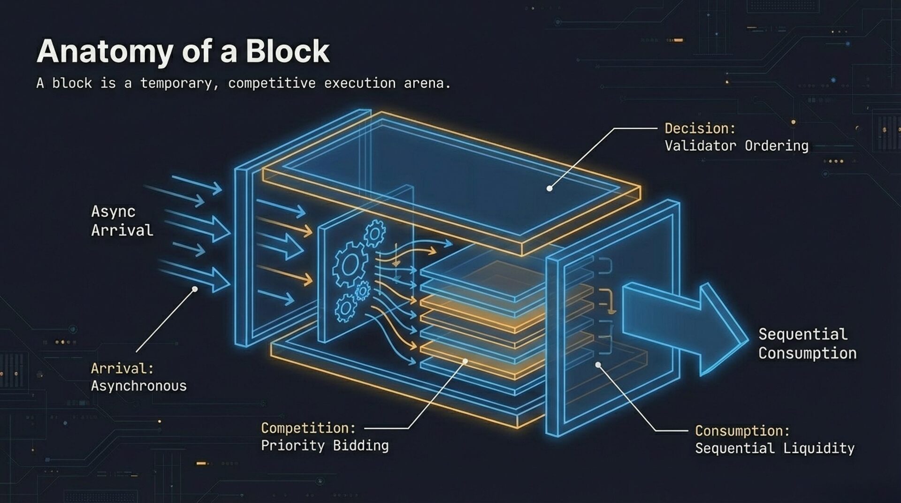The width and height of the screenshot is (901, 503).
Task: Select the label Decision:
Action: tap(700, 128)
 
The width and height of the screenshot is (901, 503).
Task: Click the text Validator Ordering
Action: tap(736, 146)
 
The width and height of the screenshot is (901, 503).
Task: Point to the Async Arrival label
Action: tap(122, 221)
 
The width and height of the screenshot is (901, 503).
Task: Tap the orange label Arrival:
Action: tap(122, 368)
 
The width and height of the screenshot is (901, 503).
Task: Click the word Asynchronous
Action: tap(138, 386)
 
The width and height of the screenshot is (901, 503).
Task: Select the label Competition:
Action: tap(308, 428)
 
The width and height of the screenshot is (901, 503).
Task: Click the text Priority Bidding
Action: tap(325, 445)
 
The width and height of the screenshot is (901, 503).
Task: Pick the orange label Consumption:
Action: tap(742, 431)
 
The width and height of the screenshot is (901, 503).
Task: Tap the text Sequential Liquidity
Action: tap(774, 448)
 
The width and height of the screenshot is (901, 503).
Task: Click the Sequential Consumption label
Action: tap(807, 343)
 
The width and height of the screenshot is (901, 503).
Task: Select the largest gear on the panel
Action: tap(349, 265)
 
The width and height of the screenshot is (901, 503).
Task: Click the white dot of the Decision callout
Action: tap(550, 189)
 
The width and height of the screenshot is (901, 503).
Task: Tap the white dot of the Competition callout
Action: tap(465, 361)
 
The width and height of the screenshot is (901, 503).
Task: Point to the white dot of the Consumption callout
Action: tap(598, 365)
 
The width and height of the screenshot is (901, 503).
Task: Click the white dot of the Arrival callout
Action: tap(195, 289)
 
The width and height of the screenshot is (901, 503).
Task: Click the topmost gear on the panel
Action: tap(375, 233)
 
